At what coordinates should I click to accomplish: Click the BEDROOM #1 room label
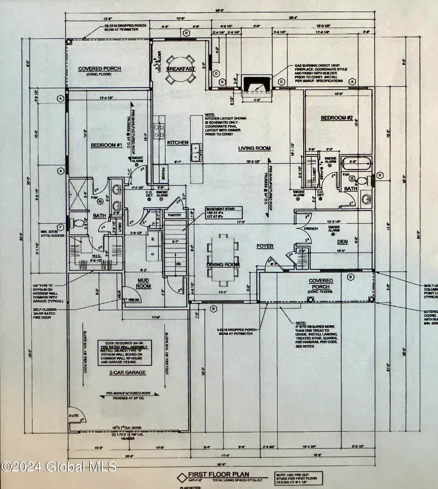point(106,145)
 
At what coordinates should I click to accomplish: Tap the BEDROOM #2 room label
point(336,118)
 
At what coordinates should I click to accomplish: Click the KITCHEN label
point(177,143)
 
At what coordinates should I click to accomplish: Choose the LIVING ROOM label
point(254,148)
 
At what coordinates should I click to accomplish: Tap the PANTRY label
point(174,214)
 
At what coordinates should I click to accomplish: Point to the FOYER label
point(265,246)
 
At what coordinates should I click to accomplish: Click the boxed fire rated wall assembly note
point(126,352)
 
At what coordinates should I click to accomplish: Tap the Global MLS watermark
point(58,466)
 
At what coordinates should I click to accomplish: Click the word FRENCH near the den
point(310,228)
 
